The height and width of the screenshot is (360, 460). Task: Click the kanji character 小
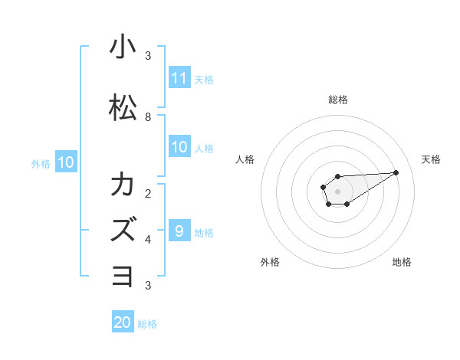[123, 47]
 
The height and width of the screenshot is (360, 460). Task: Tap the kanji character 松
[123, 108]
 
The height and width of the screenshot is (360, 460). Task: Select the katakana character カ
[123, 185]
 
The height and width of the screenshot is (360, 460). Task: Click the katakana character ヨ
[123, 274]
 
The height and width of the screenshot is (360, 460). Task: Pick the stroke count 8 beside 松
[148, 117]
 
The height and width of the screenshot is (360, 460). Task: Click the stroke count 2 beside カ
[148, 192]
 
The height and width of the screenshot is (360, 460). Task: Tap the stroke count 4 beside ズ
[148, 239]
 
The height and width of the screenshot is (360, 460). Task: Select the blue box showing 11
[179, 78]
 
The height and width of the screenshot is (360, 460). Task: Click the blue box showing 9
[179, 231]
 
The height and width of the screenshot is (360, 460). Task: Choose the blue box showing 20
[123, 322]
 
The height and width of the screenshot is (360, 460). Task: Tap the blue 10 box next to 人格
[179, 148]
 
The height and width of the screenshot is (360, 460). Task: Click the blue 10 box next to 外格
[66, 162]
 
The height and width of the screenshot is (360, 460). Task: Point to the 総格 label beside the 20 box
[147, 324]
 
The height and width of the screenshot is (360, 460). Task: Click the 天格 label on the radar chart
[432, 159]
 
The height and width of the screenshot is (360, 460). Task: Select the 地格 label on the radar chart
[402, 262]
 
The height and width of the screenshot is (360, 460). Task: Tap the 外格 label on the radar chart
[270, 262]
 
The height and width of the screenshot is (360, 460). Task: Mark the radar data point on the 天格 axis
[396, 172]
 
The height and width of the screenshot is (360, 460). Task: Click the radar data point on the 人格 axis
[324, 187]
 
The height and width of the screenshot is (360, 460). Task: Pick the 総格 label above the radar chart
[337, 100]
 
